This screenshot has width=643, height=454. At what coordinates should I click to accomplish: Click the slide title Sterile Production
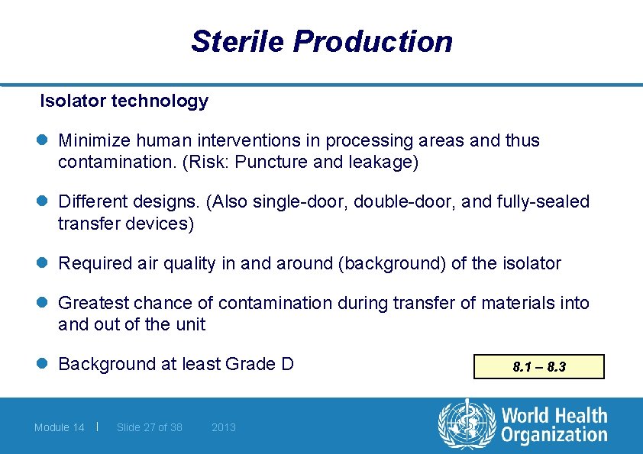click(x=321, y=41)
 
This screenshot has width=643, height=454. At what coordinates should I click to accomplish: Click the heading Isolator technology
click(x=124, y=101)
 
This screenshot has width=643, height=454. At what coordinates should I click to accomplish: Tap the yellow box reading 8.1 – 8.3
click(x=538, y=367)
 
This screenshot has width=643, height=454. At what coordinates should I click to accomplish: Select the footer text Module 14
click(x=59, y=427)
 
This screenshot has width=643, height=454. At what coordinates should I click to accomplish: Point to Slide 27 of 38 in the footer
click(x=149, y=427)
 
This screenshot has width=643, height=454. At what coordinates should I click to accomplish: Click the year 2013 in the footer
click(x=223, y=427)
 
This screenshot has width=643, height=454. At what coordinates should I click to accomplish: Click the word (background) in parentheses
click(x=378, y=264)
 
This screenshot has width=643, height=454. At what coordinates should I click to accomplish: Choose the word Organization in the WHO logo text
click(x=554, y=436)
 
